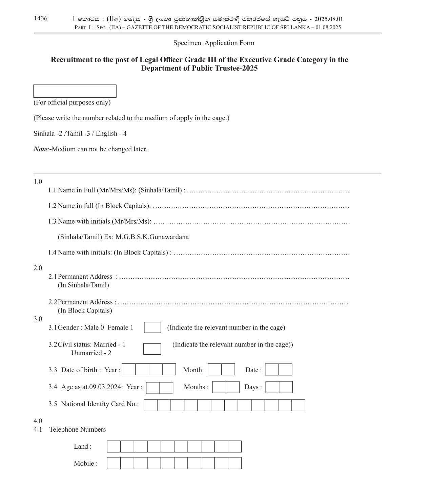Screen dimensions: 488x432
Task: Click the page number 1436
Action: [x=41, y=18]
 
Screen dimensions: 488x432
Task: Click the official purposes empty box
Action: [x=75, y=91]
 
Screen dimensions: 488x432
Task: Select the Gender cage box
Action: [x=152, y=327]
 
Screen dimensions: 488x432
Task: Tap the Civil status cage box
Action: [x=152, y=349]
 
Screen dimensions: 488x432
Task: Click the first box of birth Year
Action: [x=129, y=369]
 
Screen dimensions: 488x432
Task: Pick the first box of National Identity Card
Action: [x=150, y=405]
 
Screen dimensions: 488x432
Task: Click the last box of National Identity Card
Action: [x=298, y=405]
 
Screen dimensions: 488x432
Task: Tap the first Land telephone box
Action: [x=114, y=447]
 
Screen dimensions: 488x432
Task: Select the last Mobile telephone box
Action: [x=234, y=463]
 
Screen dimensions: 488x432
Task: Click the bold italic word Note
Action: [x=40, y=149]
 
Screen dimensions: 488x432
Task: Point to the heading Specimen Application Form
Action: [x=213, y=43]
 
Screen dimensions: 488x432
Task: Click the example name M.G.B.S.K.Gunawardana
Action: [x=152, y=237]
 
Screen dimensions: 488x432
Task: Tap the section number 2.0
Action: [x=38, y=268]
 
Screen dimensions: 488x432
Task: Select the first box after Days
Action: [x=272, y=387]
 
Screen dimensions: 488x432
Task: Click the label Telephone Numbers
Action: [x=78, y=430]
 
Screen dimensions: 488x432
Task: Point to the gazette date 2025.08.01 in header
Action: [x=329, y=19]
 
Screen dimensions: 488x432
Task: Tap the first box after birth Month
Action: [x=214, y=370]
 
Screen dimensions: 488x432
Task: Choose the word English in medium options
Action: [x=106, y=133]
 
